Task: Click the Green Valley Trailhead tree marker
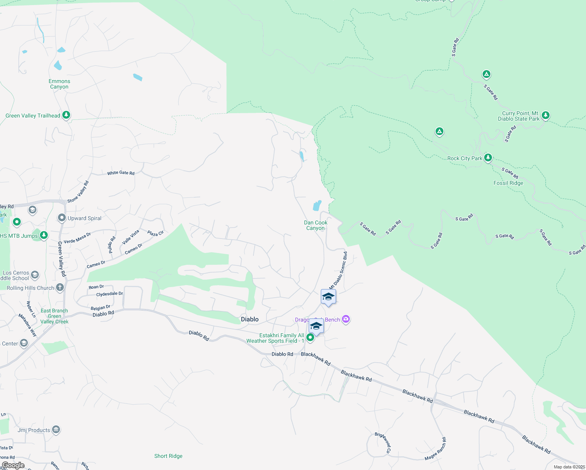pos(66,115)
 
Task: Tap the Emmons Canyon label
pos(60,84)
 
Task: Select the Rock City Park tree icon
pos(488,157)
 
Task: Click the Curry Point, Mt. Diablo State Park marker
pos(546,115)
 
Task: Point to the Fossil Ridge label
pos(508,183)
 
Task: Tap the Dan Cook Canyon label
pos(315,225)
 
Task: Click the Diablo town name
pos(250,319)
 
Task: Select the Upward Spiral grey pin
pos(61,218)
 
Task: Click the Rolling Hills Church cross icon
pos(60,287)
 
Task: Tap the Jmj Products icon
pos(56,430)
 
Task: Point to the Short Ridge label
pos(168,456)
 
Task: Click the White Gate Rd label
pos(121,173)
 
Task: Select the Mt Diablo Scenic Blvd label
pos(339,270)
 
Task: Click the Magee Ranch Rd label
pos(436,450)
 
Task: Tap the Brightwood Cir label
pos(383,443)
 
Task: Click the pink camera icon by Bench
pos(345,319)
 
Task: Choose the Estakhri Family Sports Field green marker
pos(310,337)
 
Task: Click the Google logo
pos(13,465)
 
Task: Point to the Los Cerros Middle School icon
pos(35,275)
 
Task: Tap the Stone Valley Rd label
pos(78,192)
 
